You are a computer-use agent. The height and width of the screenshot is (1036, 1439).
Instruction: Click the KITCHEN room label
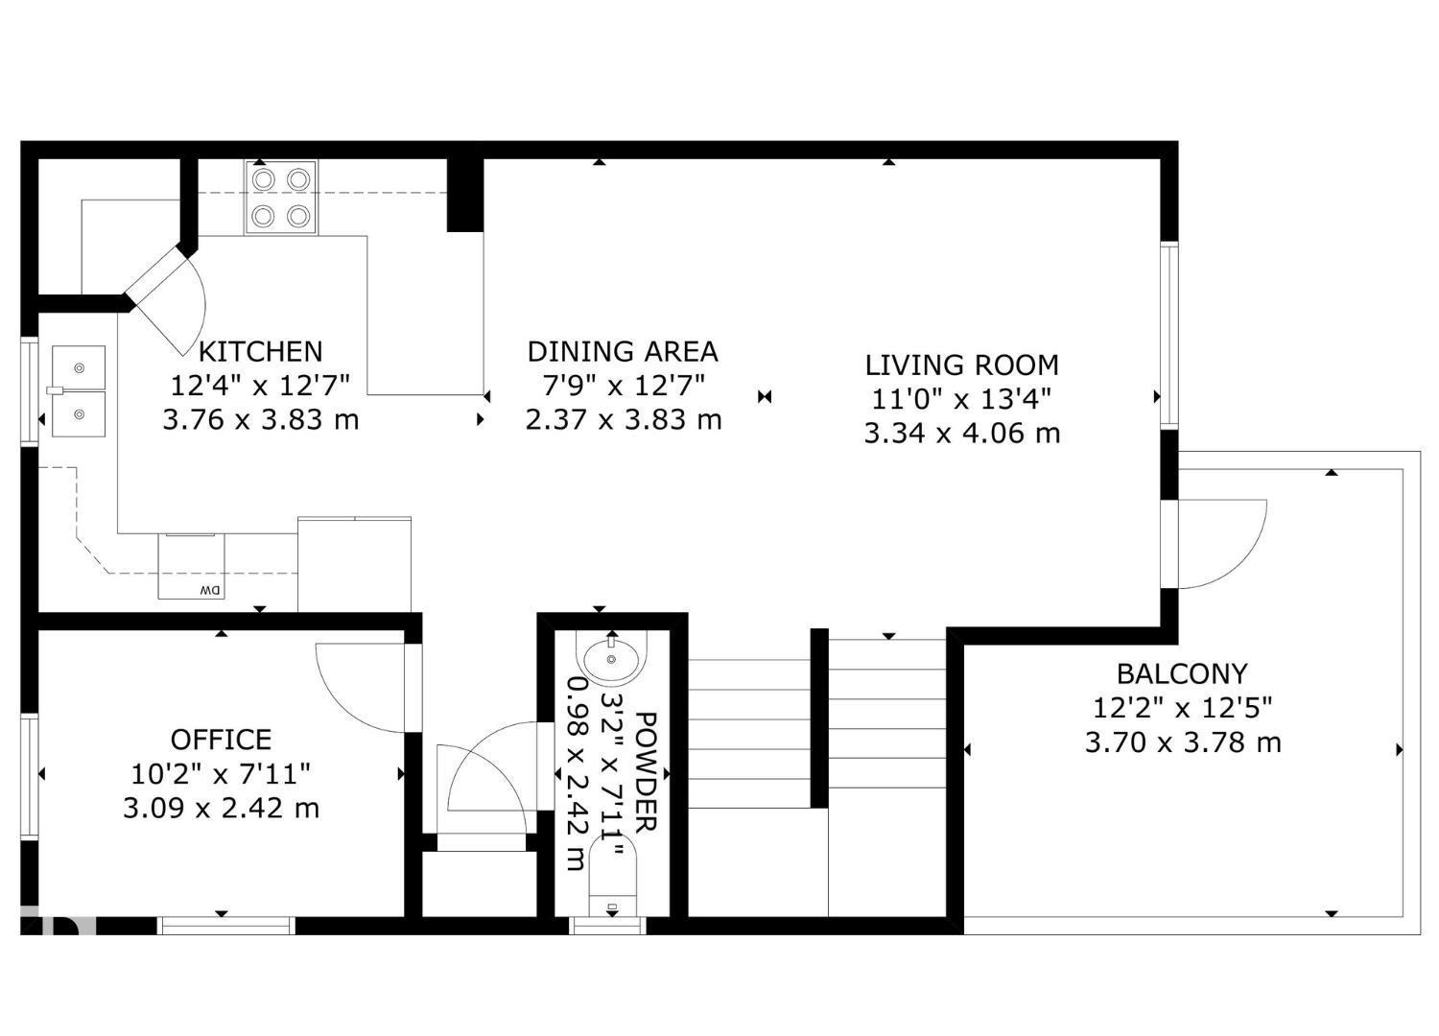pos(260,351)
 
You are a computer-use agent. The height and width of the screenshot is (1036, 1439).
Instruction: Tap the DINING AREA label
pos(623,351)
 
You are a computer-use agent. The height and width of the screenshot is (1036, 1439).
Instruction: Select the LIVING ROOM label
pos(961,365)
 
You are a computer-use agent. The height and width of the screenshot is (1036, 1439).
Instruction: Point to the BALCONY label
pos(1182,673)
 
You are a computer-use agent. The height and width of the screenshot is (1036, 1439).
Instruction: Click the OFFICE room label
pos(221,740)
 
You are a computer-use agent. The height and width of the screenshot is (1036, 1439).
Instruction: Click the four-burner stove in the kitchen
pos(281,198)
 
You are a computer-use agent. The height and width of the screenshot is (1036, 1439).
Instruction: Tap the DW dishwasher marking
pos(209,590)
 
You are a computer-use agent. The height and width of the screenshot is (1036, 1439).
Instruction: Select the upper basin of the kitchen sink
pos(79,367)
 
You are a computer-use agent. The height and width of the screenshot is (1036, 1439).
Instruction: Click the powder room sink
pos(612,658)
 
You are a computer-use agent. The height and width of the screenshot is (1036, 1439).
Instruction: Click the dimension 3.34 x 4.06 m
pos(961,434)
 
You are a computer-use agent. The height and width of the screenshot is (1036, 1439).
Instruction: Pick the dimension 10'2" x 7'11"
pos(221,773)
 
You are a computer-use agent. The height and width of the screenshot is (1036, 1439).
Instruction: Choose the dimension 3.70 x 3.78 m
pos(1182,742)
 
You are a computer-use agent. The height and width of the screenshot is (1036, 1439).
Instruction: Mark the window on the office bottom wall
pos(225,926)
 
